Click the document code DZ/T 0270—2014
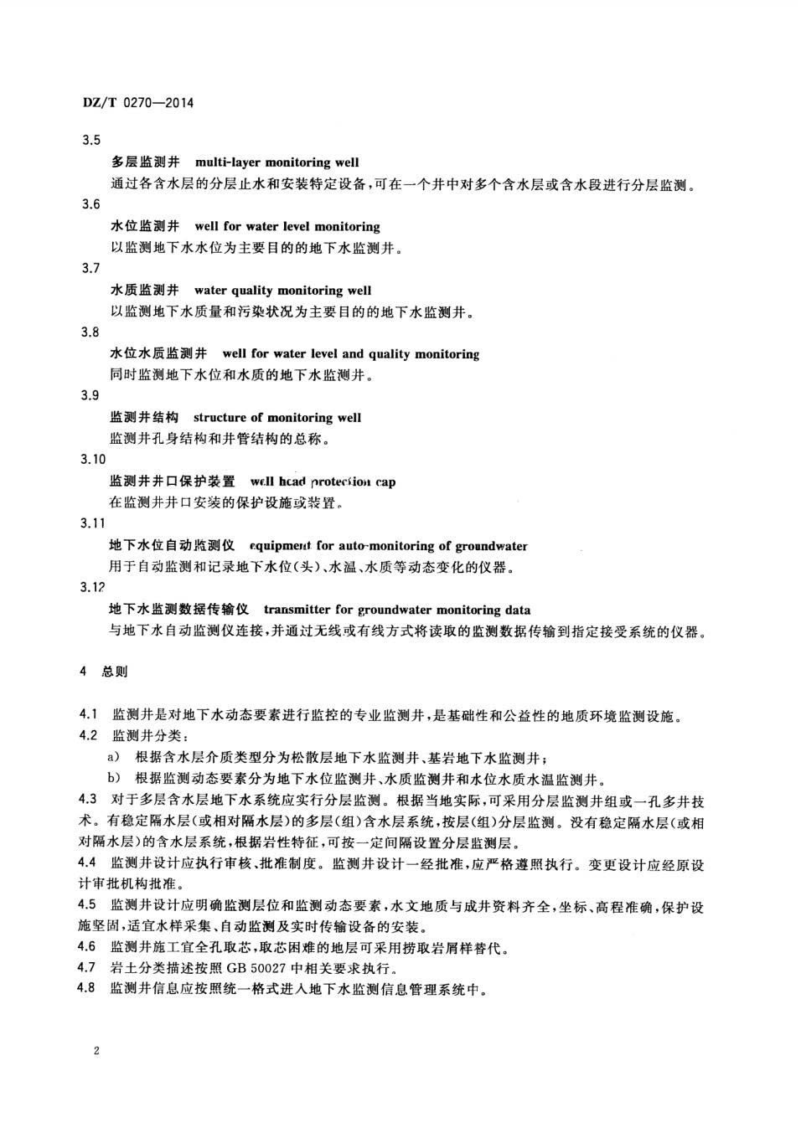137,103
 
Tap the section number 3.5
90,141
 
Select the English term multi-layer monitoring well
276,162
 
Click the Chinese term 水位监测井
145,226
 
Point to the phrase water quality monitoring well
282,291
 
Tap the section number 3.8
90,332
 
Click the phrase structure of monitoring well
277,417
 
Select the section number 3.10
93,459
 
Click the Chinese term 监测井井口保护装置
173,482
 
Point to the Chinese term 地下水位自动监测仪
173,546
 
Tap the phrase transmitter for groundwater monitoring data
396,610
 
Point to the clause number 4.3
89,799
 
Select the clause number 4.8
89,989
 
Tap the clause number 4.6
89,947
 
